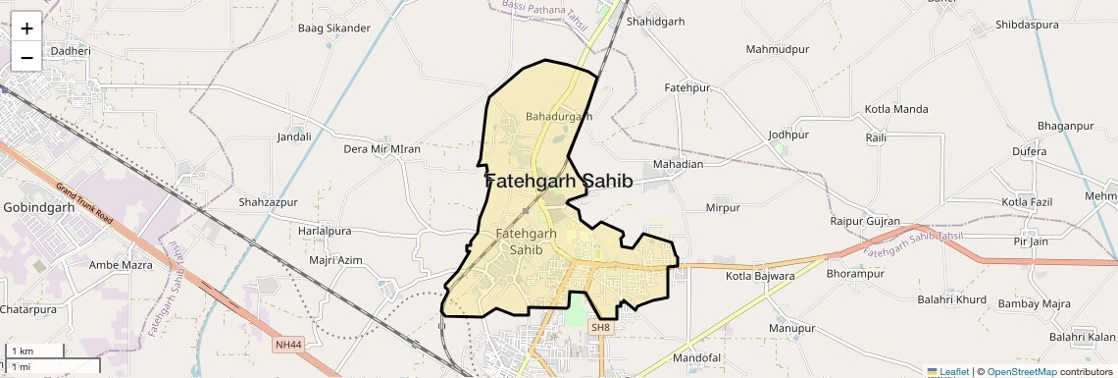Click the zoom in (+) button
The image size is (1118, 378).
pyautogui.click(x=26, y=27)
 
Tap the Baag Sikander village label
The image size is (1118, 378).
pyautogui.click(x=334, y=28)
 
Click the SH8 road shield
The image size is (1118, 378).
pyautogui.click(x=600, y=327)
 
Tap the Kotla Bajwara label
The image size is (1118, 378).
pyautogui.click(x=760, y=276)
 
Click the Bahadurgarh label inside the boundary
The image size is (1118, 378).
pyautogui.click(x=559, y=116)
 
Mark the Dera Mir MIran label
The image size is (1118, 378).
pyautogui.click(x=381, y=149)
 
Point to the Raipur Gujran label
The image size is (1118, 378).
pyautogui.click(x=865, y=222)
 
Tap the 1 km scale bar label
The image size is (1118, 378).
pyautogui.click(x=23, y=351)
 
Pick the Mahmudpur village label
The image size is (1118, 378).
pyautogui.click(x=776, y=48)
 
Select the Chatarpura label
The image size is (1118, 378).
pyautogui.click(x=28, y=309)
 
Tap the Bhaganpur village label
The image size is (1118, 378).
pyautogui.click(x=1065, y=127)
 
